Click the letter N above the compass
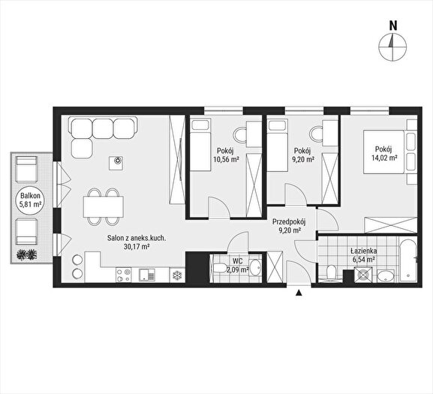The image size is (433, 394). tap(393, 26)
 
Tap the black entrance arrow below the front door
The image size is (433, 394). tap(298, 293)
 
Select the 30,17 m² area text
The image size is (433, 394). tap(137, 247)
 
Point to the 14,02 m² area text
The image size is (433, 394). tap(384, 158)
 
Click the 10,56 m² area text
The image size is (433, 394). tap(226, 159)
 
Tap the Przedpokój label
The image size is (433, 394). tap(289, 221)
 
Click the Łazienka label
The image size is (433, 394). tap(364, 251)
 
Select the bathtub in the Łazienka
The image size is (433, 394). tap(407, 260)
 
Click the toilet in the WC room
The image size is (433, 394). tap(220, 267)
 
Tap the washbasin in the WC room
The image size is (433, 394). tap(255, 267)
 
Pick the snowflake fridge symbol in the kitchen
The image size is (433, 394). tap(177, 275)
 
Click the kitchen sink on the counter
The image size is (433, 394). tap(147, 275)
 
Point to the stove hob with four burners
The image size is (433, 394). tap(123, 275)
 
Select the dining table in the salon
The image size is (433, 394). tap(103, 206)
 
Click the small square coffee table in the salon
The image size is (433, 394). tap(116, 163)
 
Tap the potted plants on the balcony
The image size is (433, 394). tap(26, 254)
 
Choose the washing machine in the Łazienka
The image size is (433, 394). tap(363, 275)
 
